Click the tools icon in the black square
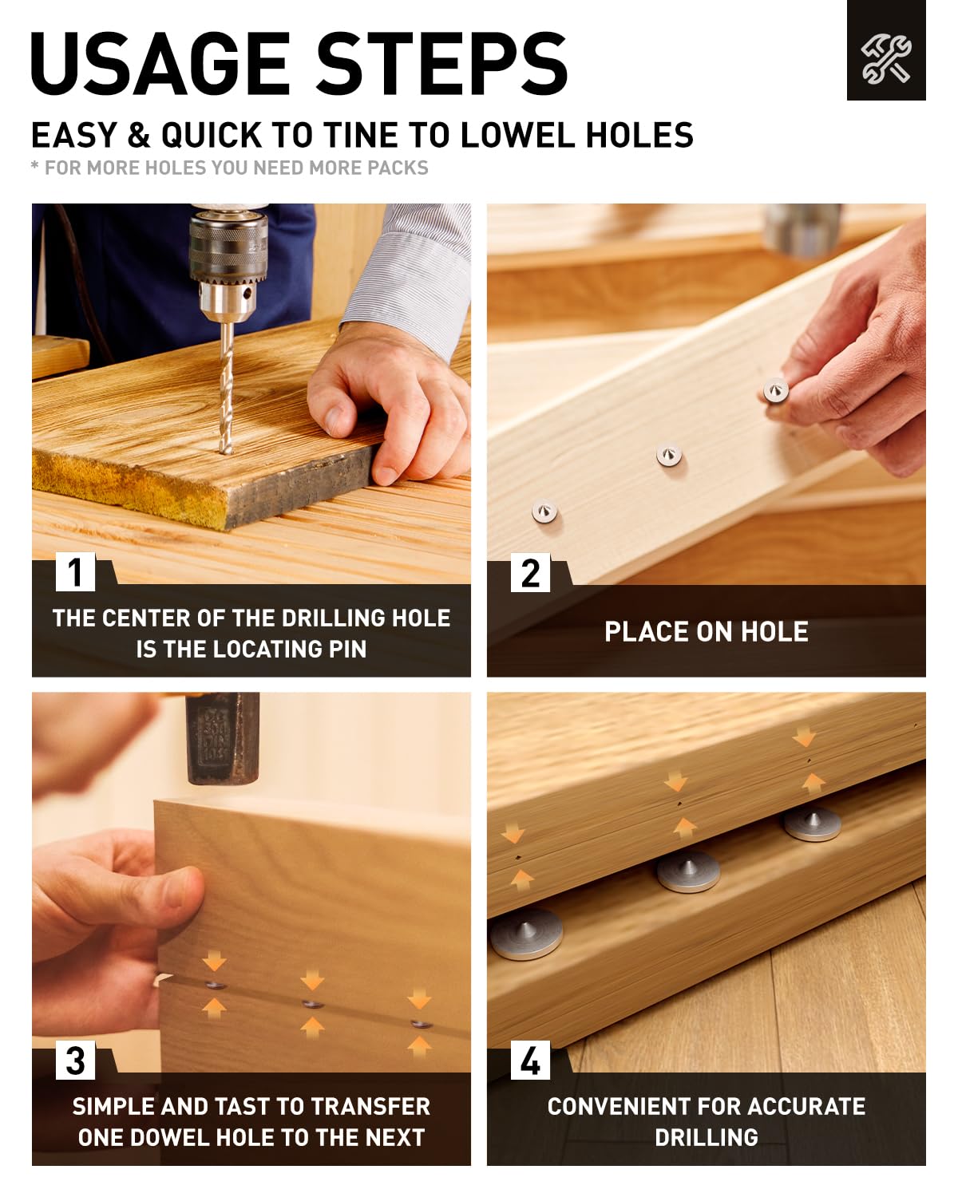coord(885,60)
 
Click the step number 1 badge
coord(75,572)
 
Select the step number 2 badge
coord(530,572)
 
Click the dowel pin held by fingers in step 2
coord(775,389)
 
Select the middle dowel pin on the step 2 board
coord(668,454)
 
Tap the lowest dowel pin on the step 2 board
coord(544,512)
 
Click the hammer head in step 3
coord(223,737)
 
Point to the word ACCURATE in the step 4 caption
coord(806,1107)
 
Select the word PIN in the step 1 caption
coord(347,649)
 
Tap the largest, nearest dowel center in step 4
coord(526,934)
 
